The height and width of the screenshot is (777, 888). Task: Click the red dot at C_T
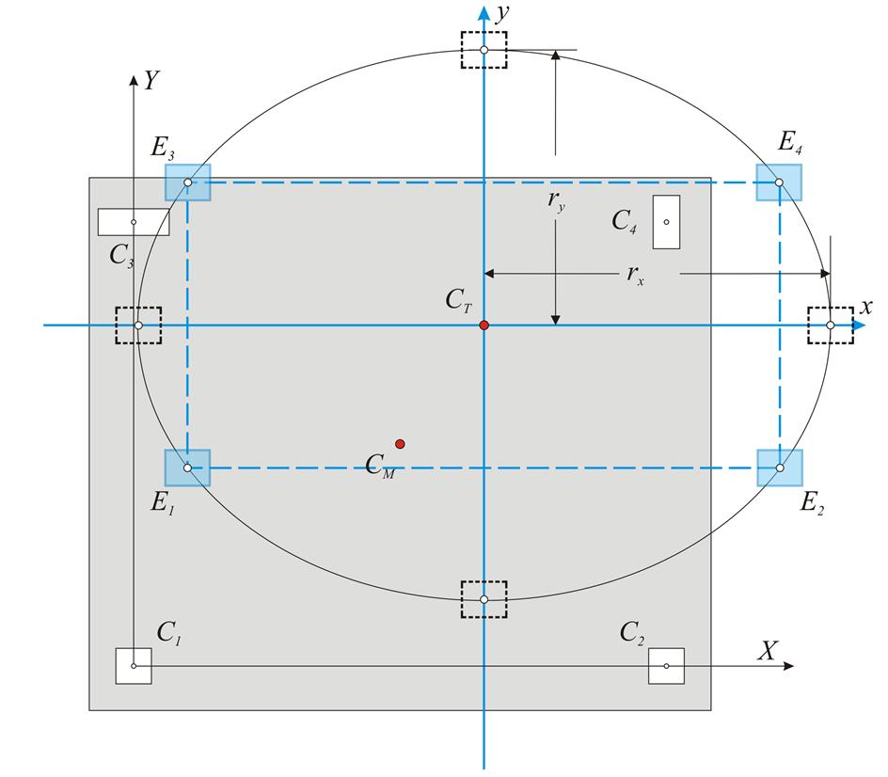pos(484,325)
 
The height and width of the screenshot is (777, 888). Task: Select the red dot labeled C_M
pos(400,444)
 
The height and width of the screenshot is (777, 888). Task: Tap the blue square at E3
pos(187,182)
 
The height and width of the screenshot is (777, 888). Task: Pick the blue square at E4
pos(779,182)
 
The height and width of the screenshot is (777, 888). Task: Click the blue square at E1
pos(187,468)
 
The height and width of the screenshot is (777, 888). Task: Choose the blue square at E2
pos(780,468)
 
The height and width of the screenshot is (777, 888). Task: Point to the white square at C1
pos(134,666)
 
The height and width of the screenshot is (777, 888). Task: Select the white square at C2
pos(666,666)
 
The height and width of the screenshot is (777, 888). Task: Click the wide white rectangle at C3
pos(134,222)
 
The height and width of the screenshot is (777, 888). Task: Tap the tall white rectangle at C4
pos(666,222)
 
